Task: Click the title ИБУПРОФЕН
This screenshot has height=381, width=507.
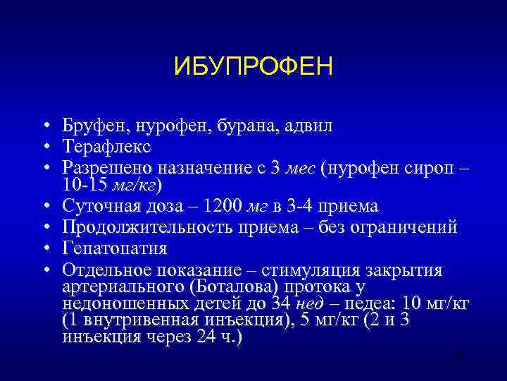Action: [x=253, y=68]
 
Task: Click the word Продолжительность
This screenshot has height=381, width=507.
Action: [x=141, y=227]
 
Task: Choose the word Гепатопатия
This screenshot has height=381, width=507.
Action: [x=114, y=248]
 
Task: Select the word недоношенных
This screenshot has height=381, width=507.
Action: [x=124, y=303]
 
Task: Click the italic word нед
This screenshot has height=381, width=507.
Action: [x=309, y=304]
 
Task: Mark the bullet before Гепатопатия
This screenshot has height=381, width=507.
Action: [x=44, y=248]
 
